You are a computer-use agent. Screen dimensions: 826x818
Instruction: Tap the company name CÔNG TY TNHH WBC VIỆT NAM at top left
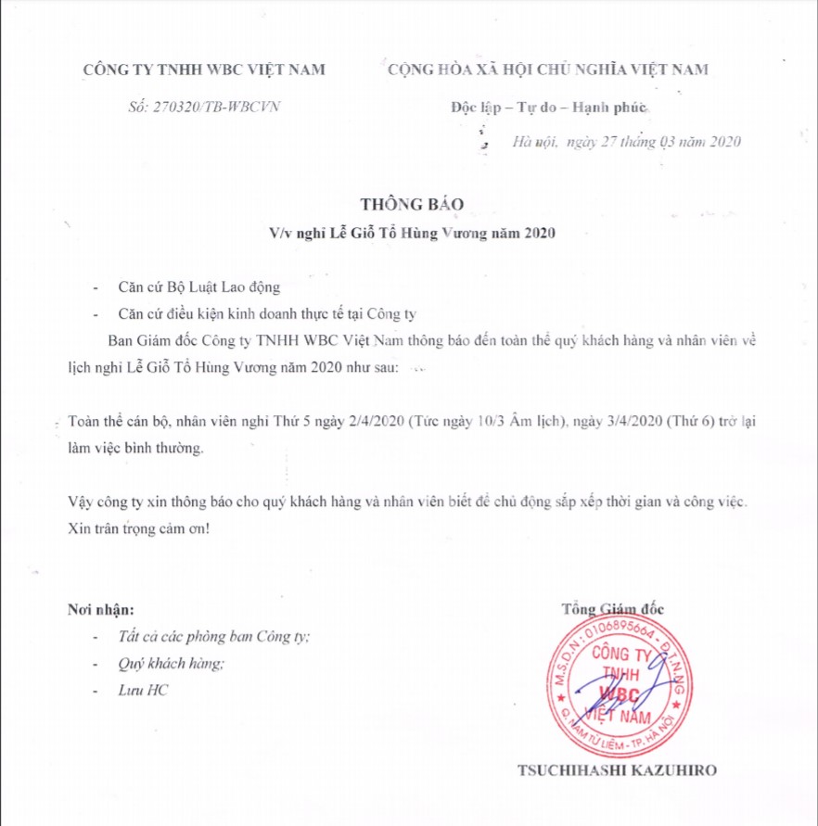click(x=204, y=70)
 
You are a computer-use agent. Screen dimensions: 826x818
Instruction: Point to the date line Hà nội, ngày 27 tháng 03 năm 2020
click(x=626, y=142)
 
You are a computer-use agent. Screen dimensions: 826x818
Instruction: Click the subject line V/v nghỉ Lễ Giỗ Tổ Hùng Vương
click(x=407, y=233)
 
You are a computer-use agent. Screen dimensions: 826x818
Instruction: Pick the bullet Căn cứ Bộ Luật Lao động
click(x=193, y=287)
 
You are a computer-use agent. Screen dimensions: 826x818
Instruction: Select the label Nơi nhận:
click(x=101, y=610)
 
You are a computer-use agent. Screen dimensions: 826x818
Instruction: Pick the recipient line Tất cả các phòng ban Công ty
click(x=214, y=638)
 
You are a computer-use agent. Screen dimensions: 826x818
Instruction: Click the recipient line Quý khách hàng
click(x=172, y=664)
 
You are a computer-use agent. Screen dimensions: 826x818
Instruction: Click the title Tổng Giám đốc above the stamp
click(x=612, y=609)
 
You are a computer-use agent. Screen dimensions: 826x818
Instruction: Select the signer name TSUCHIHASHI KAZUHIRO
click(x=617, y=770)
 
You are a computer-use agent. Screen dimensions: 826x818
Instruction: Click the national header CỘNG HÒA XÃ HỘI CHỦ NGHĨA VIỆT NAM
click(x=547, y=70)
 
